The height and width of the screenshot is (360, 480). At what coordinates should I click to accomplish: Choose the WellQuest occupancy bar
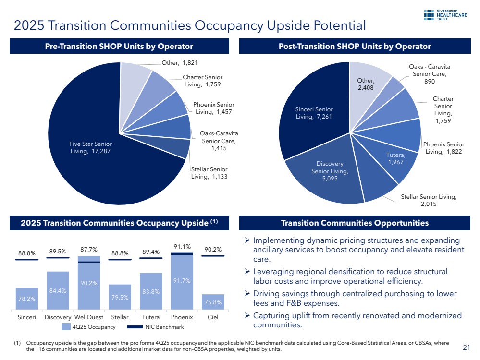(89, 283)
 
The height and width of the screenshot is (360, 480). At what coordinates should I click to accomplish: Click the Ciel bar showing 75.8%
(213, 302)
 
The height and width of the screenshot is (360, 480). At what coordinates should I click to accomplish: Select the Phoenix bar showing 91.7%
(182, 281)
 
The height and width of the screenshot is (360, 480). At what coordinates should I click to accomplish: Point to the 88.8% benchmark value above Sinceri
(26, 252)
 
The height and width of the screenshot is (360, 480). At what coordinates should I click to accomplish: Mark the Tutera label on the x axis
(151, 317)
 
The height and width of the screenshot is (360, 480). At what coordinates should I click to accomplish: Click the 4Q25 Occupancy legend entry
(89, 327)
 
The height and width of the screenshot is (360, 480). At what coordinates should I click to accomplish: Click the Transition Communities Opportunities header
(354, 223)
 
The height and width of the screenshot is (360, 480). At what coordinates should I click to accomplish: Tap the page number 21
(466, 347)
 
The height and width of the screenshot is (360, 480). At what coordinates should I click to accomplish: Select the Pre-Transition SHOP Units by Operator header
(119, 46)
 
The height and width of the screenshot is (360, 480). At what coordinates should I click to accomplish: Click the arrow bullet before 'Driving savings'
(247, 294)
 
